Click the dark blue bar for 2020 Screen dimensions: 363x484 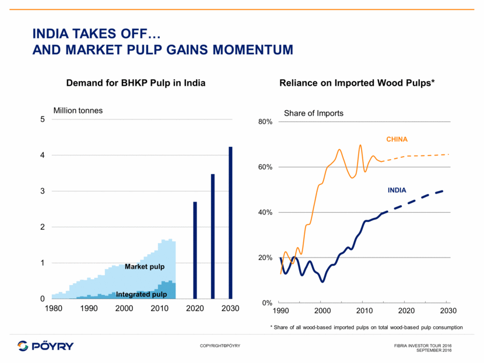[195, 251]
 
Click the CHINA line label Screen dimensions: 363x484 [397, 139]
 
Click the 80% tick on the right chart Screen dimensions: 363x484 [265, 122]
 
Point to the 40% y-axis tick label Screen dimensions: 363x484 [265, 213]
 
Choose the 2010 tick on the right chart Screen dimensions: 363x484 [364, 309]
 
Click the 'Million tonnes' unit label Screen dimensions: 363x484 [78, 111]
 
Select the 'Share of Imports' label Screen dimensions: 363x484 [314, 113]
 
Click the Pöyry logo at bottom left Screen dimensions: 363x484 [45, 346]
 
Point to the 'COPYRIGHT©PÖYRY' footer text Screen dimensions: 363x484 [220, 346]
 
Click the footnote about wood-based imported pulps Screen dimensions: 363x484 [366, 327]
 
